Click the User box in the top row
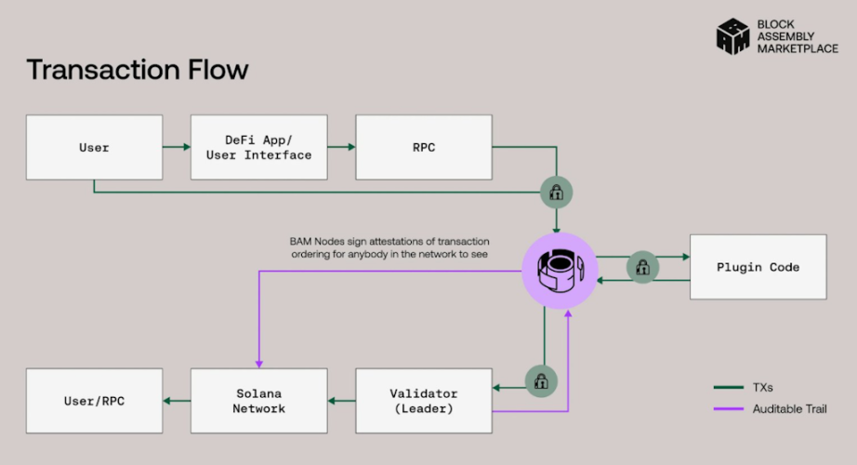coord(94,147)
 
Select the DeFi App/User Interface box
coord(258,147)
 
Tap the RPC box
coord(424,147)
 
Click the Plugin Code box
coord(758,267)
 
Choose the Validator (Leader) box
coord(424,400)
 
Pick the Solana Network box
coord(258,400)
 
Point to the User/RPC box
coord(94,400)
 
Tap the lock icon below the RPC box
coord(557,193)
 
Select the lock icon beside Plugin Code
coord(642,267)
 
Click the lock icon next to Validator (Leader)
coord(539,379)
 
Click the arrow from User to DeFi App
coord(177,147)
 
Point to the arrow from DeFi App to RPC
coord(341,147)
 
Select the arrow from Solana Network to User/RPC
coord(177,400)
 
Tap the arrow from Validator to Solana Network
coord(341,400)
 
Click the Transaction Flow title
coord(138,69)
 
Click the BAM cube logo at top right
coord(732,35)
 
